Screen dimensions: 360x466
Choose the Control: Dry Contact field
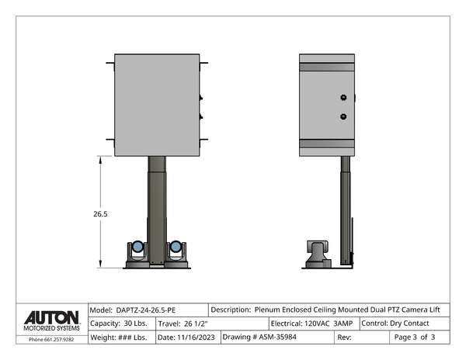[x=397, y=323]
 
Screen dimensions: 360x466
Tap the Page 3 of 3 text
[x=415, y=337]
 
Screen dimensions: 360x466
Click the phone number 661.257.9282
[x=51, y=339]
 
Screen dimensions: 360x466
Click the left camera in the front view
[x=137, y=250]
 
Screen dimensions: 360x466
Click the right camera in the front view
[x=177, y=250]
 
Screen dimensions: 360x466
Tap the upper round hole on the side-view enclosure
[x=343, y=98]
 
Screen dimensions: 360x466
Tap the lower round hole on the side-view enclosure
[x=343, y=116]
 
